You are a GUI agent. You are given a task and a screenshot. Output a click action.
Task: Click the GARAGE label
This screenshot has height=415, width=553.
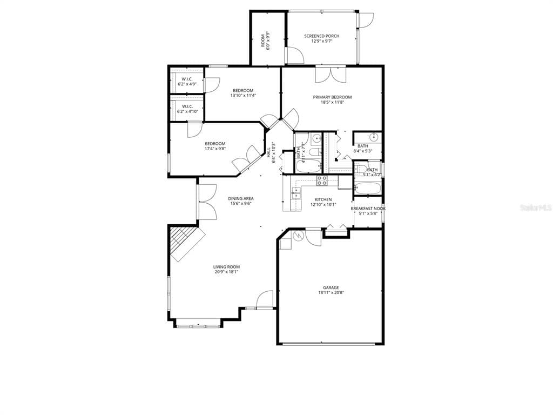(x=331, y=287)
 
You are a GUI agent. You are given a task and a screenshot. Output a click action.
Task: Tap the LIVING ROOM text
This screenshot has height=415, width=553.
(x=226, y=267)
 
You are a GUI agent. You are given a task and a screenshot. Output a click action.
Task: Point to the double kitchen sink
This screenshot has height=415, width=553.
(x=296, y=193)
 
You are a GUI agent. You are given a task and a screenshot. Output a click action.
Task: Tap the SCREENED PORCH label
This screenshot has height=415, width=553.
(x=321, y=36)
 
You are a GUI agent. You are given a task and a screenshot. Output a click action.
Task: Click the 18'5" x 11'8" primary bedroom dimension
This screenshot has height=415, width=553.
(x=332, y=102)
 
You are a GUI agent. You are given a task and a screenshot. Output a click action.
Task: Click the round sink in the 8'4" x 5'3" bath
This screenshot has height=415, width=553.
(x=373, y=136)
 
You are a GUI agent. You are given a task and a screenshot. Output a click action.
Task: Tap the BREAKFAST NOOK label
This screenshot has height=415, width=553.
(x=368, y=209)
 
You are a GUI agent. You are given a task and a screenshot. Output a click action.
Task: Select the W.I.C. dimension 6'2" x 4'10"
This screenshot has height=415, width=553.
(x=187, y=111)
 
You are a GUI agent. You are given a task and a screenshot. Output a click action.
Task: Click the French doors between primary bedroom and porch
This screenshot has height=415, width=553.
(x=330, y=75)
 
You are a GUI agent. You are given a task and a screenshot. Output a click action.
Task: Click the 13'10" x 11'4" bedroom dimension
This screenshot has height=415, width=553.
(x=243, y=96)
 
